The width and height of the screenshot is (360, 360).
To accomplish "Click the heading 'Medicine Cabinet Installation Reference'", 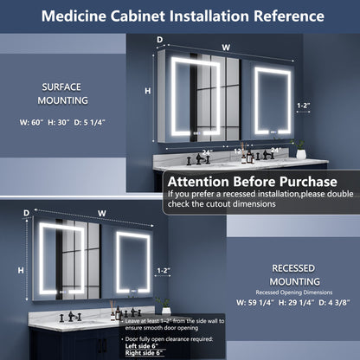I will pos(180,16).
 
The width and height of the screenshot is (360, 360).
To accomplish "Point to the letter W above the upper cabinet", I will pos(226,48).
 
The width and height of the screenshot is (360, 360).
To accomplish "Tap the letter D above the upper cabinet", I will pos(159,40).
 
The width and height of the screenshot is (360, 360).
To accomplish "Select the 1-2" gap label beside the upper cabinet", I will pos(303,105).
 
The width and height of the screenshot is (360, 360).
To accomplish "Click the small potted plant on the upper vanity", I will pos(301,151).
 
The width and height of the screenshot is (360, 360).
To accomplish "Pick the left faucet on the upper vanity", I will pos(200,158).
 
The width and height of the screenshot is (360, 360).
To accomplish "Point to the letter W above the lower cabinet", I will pos(101,212).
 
